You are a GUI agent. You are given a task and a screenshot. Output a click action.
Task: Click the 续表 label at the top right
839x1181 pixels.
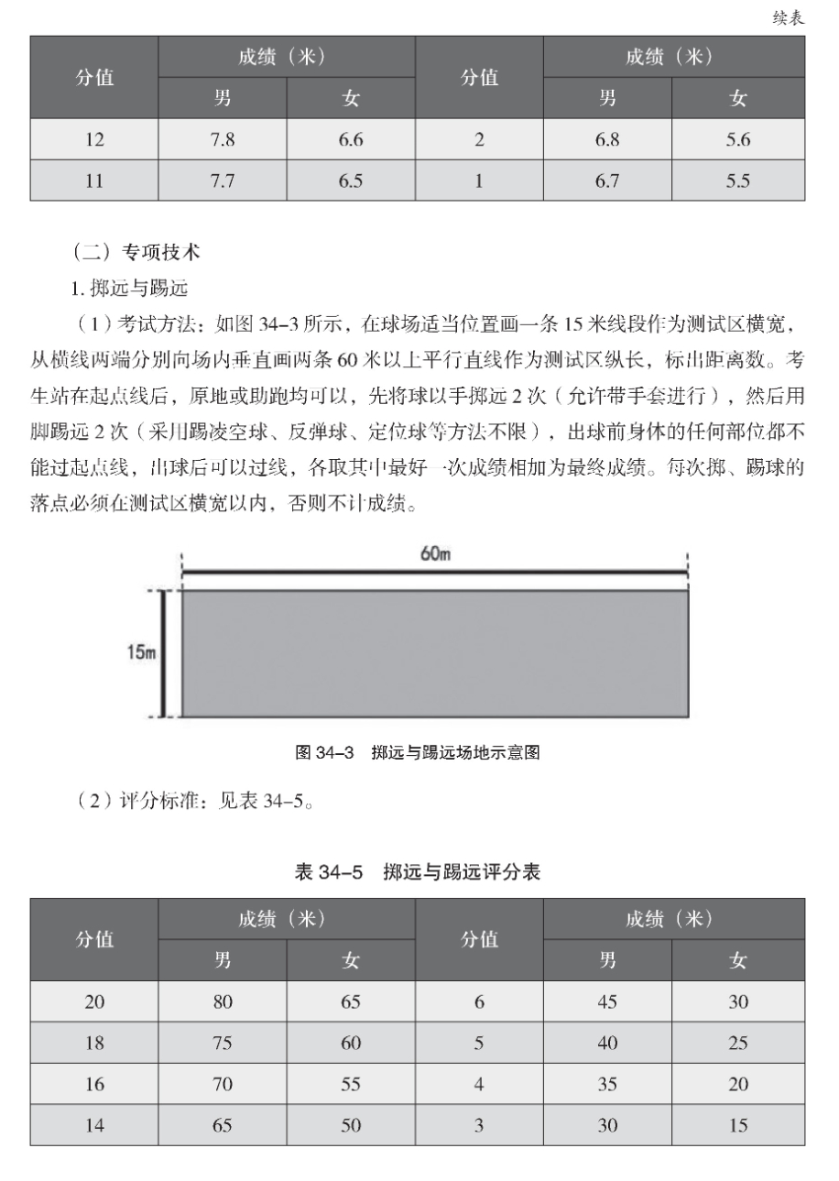pyautogui.click(x=789, y=16)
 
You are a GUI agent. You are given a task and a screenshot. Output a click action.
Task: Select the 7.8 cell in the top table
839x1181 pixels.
pyautogui.click(x=223, y=140)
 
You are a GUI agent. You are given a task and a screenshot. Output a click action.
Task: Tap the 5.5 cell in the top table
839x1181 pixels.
pyautogui.click(x=738, y=180)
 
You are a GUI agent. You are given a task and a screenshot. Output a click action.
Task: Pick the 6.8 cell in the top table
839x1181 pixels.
pyautogui.click(x=607, y=140)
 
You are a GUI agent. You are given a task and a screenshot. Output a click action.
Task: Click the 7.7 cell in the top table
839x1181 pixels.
pyautogui.click(x=223, y=180)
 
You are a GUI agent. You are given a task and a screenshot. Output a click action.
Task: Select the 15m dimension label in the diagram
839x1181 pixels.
pyautogui.click(x=141, y=653)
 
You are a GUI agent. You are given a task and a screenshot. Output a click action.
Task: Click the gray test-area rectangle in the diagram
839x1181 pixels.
pyautogui.click(x=434, y=653)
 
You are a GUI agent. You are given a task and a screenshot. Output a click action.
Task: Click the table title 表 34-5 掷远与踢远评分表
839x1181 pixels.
pyautogui.click(x=417, y=871)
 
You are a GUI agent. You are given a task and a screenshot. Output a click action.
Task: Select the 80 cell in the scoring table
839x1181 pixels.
pyautogui.click(x=223, y=1001)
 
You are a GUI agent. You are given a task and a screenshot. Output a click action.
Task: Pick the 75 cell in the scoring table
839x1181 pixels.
pyautogui.click(x=223, y=1043)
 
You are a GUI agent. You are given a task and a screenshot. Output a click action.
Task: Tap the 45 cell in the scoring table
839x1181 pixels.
pyautogui.click(x=607, y=1001)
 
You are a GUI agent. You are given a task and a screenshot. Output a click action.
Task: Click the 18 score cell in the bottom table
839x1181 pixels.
pyautogui.click(x=94, y=1043)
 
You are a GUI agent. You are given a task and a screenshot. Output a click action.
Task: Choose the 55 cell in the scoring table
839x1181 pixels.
pyautogui.click(x=351, y=1084)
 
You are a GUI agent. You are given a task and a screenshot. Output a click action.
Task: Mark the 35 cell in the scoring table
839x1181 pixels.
pyautogui.click(x=607, y=1084)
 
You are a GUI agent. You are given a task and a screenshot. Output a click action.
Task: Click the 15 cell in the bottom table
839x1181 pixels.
pyautogui.click(x=738, y=1125)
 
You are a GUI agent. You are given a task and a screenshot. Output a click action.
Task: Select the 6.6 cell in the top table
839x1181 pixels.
pyautogui.click(x=351, y=140)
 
